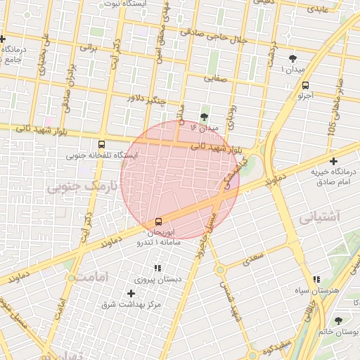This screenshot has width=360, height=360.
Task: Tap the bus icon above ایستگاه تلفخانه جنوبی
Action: coord(103,143)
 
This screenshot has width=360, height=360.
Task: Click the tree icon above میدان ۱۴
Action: coord(205,117)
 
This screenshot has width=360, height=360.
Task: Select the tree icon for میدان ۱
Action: coord(293,59)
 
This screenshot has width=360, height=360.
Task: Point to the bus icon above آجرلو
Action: coord(304,83)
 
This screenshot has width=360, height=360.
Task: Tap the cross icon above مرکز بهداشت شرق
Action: coord(131,292)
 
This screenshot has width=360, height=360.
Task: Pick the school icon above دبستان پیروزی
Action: coord(157,268)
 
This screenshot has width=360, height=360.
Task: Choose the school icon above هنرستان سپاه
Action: coord(317,279)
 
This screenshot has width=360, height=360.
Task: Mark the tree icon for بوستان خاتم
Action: coord(339,320)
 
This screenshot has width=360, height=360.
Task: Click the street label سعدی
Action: coord(251,259)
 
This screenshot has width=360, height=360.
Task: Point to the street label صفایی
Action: coord(217,79)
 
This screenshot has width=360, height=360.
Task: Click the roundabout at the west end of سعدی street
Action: coord(220,269)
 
